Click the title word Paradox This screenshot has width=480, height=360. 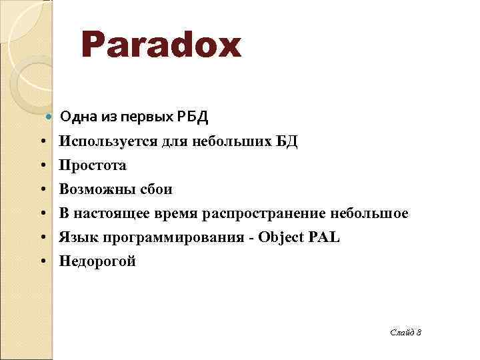click(x=160, y=46)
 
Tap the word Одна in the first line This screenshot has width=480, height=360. click(x=76, y=118)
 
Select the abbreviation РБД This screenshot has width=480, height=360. click(x=193, y=118)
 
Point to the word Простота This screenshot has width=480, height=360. click(x=93, y=165)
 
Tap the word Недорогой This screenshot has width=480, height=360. click(x=97, y=261)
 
